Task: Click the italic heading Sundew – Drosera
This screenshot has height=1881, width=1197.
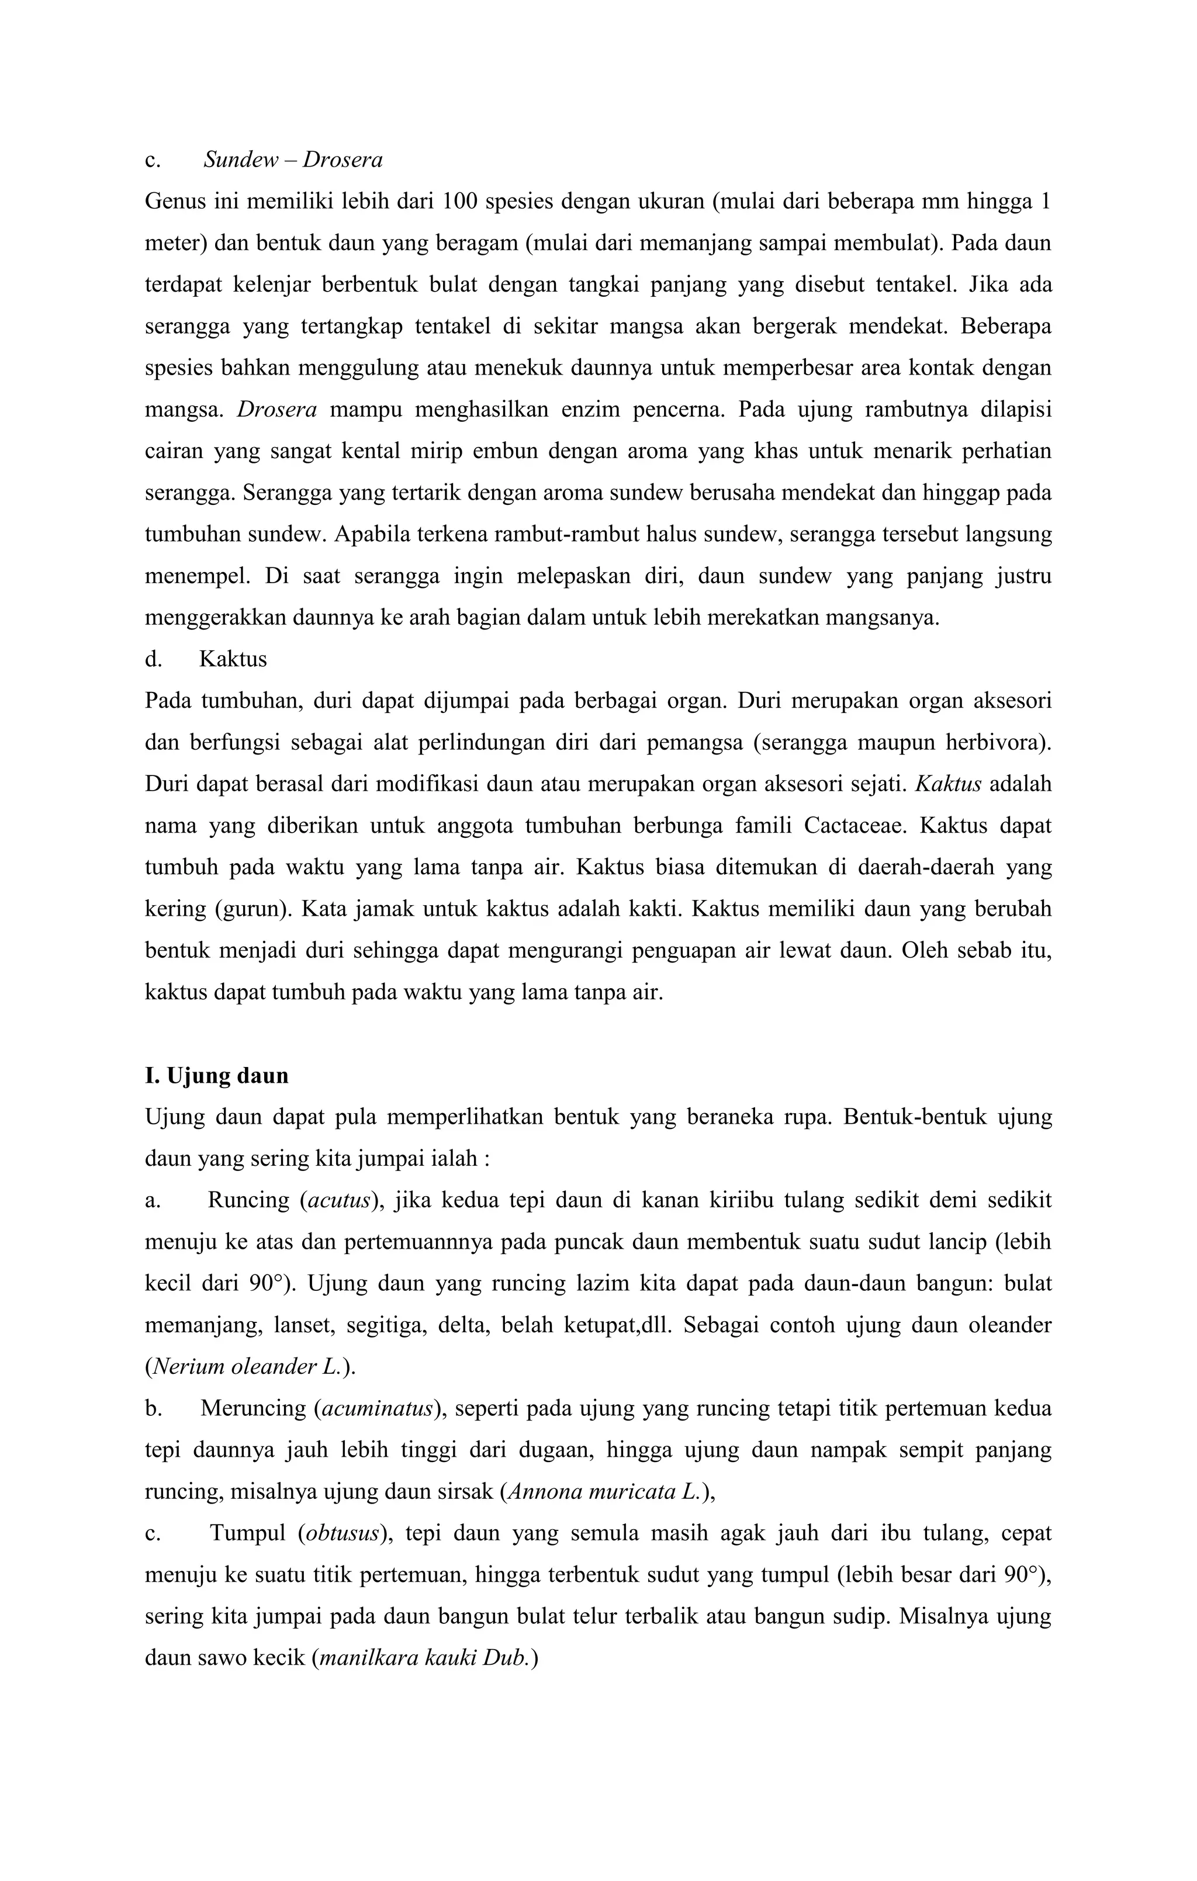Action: click(x=293, y=160)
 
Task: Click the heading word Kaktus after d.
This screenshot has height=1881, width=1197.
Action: click(x=233, y=659)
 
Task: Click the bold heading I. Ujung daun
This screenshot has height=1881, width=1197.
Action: click(x=216, y=1076)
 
